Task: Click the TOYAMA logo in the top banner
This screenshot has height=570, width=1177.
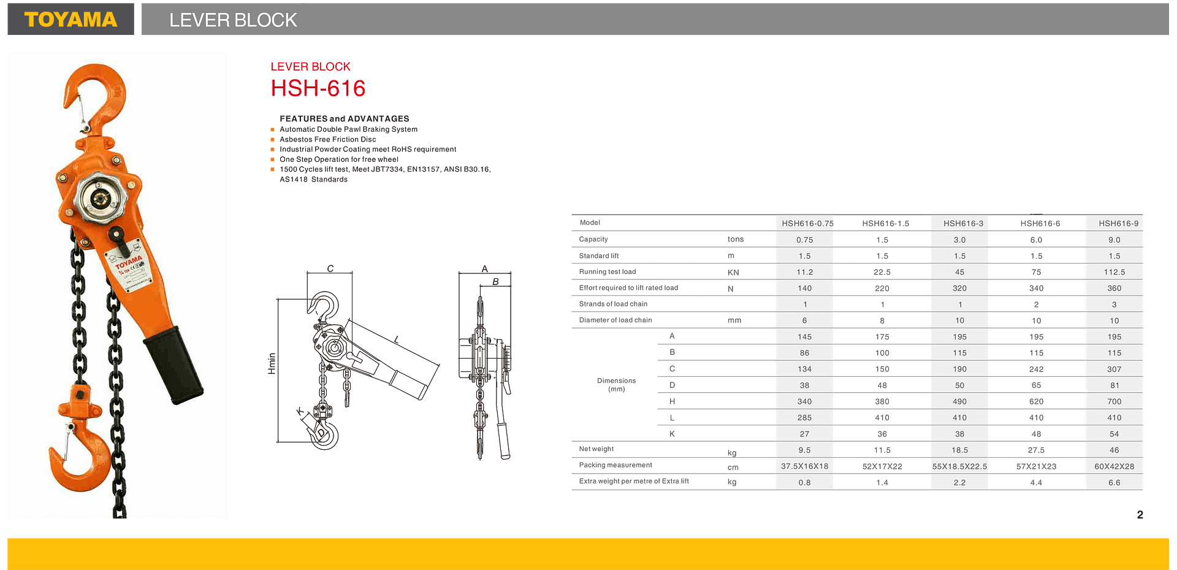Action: [70, 20]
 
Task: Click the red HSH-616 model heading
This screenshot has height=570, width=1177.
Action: [318, 89]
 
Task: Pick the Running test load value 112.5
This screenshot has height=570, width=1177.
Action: [1114, 272]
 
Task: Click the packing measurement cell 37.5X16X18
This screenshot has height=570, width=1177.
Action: [804, 466]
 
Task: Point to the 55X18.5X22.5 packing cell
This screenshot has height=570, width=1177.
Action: [959, 466]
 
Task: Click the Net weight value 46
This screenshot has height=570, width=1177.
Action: [1114, 450]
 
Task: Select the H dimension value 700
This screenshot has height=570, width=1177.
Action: [1114, 401]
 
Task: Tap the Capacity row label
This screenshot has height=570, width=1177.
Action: [593, 240]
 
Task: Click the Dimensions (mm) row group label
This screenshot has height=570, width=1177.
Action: [617, 385]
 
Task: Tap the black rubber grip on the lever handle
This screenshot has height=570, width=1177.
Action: [173, 365]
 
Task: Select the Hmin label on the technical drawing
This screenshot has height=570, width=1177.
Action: [272, 363]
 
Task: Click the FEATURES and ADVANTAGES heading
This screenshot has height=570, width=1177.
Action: [344, 119]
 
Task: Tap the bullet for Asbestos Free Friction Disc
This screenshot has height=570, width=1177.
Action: [272, 140]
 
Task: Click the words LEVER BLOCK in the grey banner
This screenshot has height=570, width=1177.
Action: [233, 20]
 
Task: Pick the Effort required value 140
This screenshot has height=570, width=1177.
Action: [804, 288]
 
